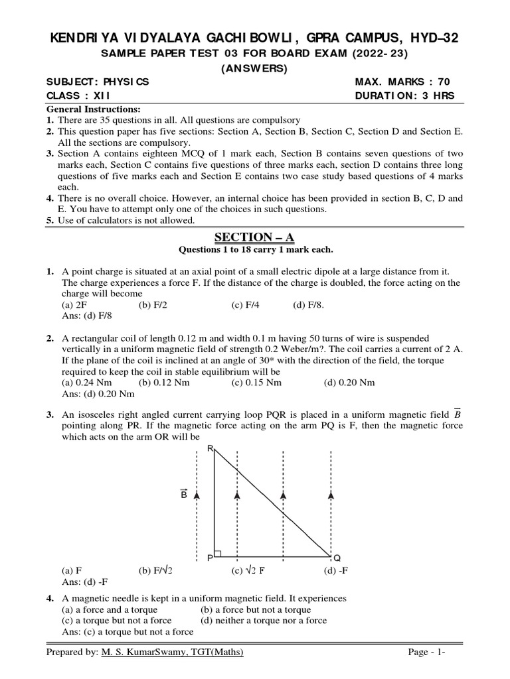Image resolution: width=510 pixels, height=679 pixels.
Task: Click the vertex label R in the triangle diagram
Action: [210, 449]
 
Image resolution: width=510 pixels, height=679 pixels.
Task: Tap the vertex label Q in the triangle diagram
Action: [337, 558]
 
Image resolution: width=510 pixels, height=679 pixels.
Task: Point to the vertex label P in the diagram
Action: [209, 558]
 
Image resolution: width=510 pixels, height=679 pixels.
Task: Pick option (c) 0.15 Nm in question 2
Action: [256, 383]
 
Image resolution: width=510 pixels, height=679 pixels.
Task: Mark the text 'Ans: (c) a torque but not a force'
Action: [127, 632]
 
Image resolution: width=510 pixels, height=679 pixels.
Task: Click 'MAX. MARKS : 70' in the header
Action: [402, 82]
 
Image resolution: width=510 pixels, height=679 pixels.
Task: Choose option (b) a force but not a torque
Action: [255, 609]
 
